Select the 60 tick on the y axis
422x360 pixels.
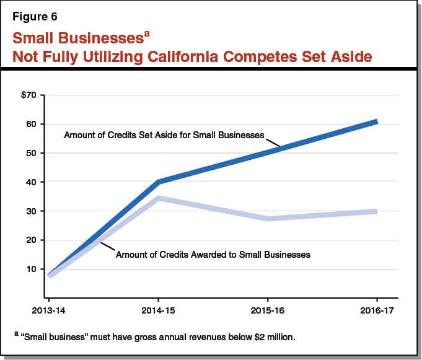tap(32, 124)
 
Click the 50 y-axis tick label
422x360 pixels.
tap(32, 153)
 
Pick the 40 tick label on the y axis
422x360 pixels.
tap(32, 182)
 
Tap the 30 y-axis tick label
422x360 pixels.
tap(32, 211)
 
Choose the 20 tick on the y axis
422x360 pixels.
tap(32, 240)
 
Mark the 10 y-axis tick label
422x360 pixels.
tap(32, 269)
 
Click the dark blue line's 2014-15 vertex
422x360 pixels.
tap(159, 182)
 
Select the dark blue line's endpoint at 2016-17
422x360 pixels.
tap(376, 121)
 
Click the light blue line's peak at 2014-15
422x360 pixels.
tap(159, 198)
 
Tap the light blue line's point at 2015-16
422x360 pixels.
tap(267, 219)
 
